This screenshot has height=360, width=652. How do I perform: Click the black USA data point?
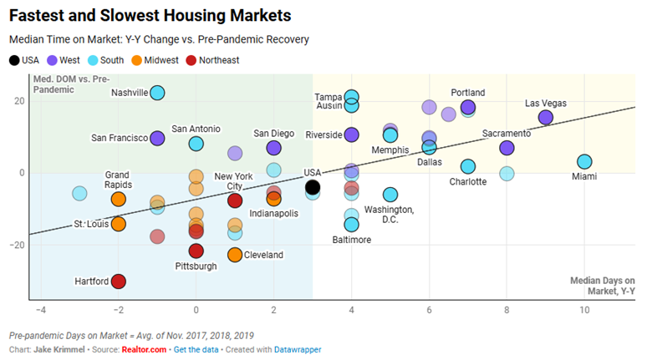(313, 187)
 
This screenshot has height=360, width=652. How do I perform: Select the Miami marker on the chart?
(584, 162)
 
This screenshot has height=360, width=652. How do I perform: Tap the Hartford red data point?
(119, 281)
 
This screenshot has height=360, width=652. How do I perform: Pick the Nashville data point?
(157, 93)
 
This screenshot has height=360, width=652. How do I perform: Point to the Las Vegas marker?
(546, 118)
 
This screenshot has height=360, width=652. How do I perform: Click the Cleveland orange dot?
(235, 255)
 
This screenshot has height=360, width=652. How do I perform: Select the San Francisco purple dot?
(157, 138)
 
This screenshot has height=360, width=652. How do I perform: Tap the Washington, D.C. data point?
(390, 195)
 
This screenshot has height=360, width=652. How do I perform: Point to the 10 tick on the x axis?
(584, 310)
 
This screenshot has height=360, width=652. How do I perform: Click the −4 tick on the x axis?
(40, 310)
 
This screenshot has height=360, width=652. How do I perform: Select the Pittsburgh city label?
(196, 266)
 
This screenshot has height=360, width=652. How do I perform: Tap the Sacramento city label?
(507, 134)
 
